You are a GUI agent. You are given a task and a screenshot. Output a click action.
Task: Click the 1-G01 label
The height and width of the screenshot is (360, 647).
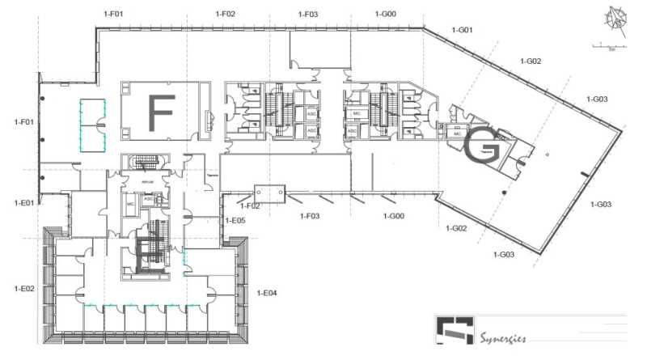coord(460,30)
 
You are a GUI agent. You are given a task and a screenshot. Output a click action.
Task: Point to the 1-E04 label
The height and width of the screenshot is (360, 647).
coord(267,292)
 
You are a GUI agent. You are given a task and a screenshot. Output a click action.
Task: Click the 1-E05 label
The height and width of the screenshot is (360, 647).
coord(235,220)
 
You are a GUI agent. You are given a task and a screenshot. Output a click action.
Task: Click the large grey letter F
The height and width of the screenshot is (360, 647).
coord(161,114)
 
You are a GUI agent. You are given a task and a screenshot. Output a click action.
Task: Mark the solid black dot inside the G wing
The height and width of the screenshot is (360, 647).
coord(504,192)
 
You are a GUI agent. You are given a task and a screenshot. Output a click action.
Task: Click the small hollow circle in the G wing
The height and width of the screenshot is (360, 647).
coord(548,154)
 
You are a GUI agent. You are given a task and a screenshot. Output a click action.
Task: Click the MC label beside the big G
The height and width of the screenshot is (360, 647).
coord(456,133)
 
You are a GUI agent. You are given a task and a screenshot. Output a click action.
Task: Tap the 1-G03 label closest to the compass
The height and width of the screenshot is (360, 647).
coord(598,99)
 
